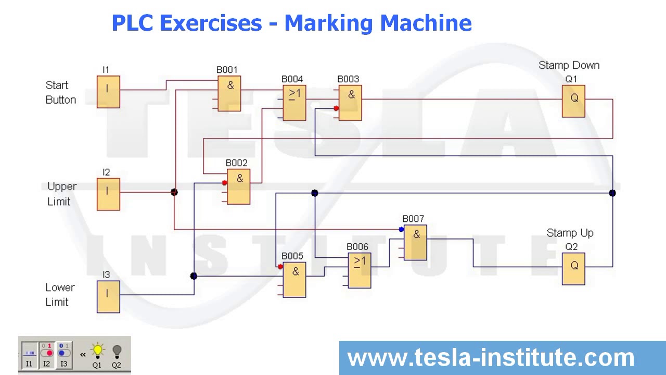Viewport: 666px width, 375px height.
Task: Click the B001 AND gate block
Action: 229,93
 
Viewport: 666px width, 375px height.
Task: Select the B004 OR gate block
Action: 294,103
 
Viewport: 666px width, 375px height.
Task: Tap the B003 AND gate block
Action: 350,103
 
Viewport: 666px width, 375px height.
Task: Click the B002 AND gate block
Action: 238,186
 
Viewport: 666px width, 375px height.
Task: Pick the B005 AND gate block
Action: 294,280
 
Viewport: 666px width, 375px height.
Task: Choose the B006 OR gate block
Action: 360,270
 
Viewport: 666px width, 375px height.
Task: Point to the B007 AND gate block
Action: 415,243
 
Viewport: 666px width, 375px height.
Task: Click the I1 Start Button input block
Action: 108,92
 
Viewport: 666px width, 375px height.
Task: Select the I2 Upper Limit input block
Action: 108,194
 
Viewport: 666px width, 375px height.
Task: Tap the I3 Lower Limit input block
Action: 108,297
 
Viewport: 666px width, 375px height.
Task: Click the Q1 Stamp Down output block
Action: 573,101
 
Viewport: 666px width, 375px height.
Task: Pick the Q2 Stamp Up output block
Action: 573,269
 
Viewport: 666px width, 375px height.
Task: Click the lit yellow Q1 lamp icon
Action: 97,352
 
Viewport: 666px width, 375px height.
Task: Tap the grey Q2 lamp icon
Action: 117,352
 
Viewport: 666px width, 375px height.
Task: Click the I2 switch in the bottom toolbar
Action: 47,355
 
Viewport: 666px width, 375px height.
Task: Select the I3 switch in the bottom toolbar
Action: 63,355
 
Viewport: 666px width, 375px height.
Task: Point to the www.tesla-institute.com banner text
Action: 491,358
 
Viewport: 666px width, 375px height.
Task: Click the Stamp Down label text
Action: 569,66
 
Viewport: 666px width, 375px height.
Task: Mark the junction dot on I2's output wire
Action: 174,192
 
